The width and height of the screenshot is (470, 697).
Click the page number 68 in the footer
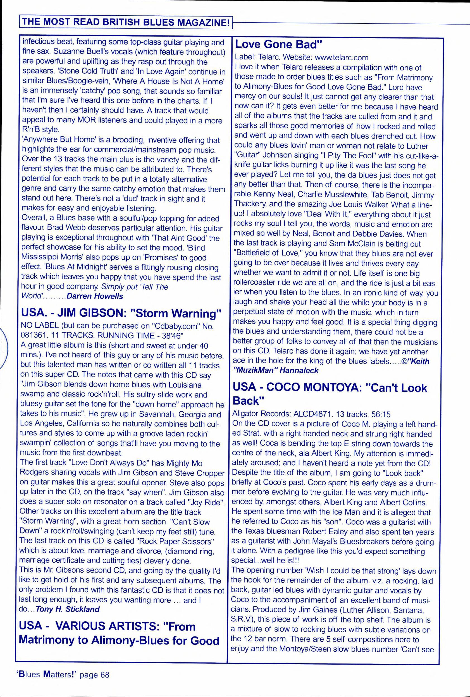tap(105, 675)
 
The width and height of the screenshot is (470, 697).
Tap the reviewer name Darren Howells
tap(95, 296)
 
